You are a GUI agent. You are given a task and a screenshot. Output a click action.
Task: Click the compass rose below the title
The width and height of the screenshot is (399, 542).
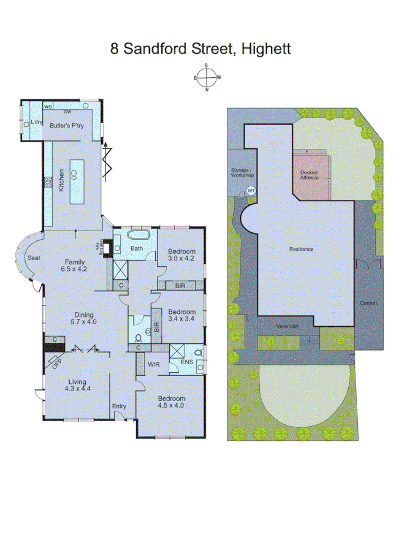click(207, 78)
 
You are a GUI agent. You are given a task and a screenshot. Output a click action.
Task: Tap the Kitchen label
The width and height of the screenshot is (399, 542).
click(61, 180)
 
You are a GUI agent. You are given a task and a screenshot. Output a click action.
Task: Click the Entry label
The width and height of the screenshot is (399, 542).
click(119, 406)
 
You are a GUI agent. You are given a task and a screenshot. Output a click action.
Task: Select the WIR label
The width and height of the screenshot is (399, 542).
click(154, 364)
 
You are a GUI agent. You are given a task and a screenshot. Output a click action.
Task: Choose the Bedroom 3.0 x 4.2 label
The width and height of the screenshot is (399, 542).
click(182, 255)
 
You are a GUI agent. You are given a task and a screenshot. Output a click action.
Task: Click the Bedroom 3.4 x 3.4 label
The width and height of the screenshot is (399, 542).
click(182, 314)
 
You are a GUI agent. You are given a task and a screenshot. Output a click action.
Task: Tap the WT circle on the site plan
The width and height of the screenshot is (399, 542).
click(250, 191)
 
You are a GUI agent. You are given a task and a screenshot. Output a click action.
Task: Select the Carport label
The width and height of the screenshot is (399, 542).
click(368, 303)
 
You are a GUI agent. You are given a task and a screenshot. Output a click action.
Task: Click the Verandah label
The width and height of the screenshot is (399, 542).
click(287, 326)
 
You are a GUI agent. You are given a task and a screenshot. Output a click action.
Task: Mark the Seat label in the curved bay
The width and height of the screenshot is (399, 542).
click(33, 258)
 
